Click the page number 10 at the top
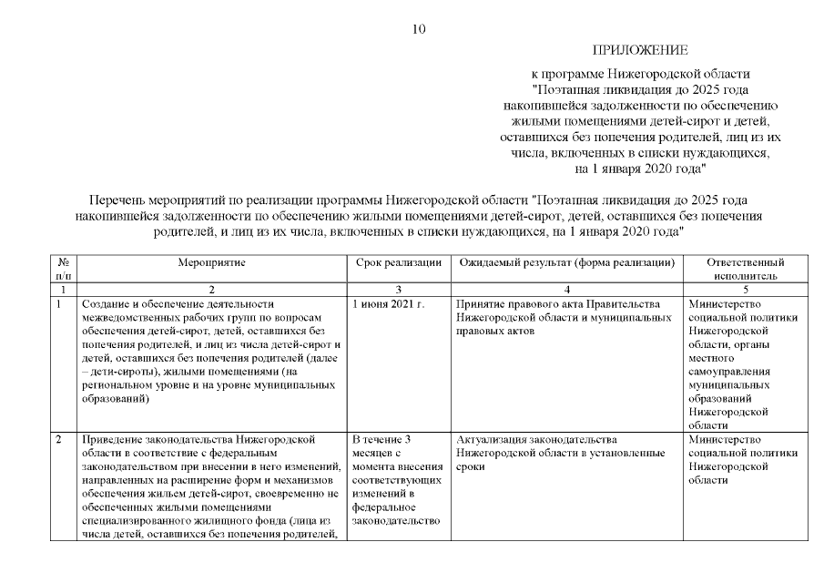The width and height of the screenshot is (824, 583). tap(418, 28)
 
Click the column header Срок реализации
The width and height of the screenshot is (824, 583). tap(398, 262)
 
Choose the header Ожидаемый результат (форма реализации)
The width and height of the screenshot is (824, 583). tap(566, 262)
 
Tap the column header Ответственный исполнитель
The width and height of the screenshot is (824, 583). tap(745, 268)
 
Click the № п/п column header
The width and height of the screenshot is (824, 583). tap(62, 268)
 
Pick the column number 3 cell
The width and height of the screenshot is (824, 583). tap(398, 289)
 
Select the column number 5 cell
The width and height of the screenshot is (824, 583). tap(745, 289)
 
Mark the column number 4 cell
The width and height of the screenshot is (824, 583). tap(566, 289)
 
